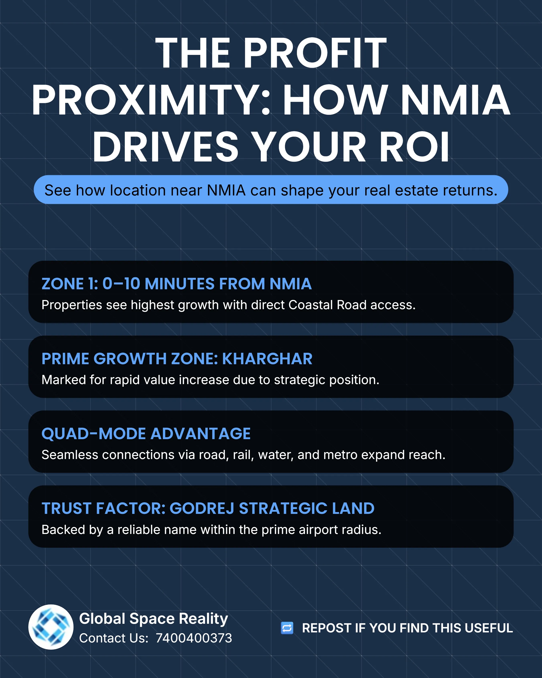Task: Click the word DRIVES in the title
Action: [165, 146]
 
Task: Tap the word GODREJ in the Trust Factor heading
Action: [202, 508]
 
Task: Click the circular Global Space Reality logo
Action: [51, 627]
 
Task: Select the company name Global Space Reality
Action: [154, 619]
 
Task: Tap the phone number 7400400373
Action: [194, 638]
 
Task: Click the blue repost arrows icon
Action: [287, 628]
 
